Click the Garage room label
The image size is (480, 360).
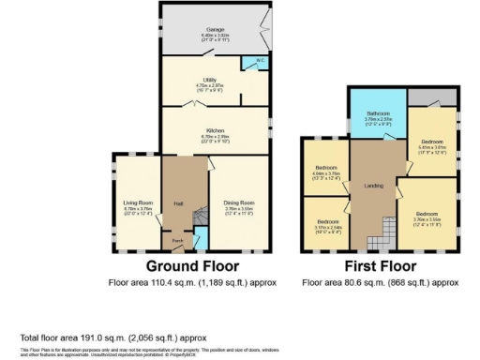pos(215,34)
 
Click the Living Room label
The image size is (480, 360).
pos(138,202)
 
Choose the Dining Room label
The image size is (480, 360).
pos(237,202)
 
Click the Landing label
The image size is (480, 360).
pos(372,185)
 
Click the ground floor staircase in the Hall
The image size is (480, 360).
pos(198,222)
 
